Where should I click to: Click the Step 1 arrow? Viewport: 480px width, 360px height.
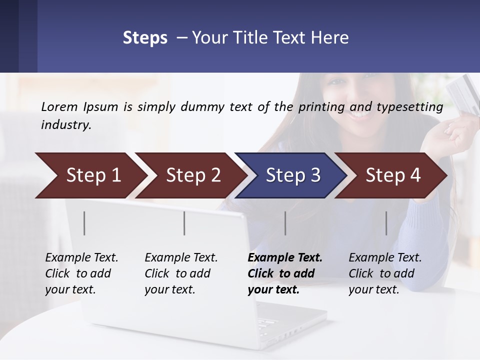click(x=90, y=175)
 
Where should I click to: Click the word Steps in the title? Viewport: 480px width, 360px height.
click(x=145, y=38)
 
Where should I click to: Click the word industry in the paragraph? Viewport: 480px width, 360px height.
click(x=65, y=125)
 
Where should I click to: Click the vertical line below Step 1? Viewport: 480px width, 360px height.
click(x=84, y=223)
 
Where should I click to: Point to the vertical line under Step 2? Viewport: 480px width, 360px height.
click(x=184, y=223)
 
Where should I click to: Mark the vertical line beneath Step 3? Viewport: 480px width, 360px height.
click(x=285, y=223)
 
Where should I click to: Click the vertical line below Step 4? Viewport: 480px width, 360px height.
click(x=386, y=223)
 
